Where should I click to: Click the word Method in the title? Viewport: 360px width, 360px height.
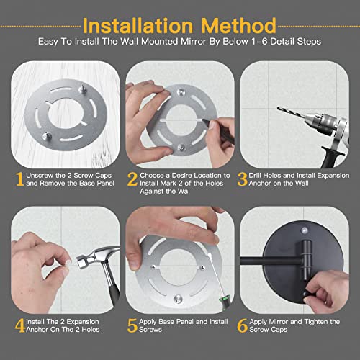(242, 18)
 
